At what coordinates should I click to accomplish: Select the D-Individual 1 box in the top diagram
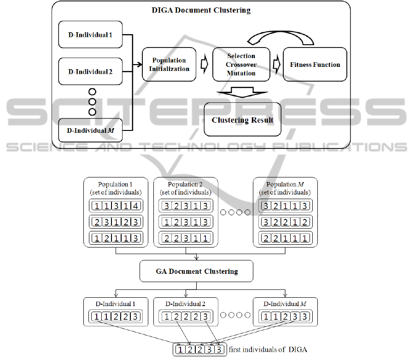pyautogui.click(x=90, y=34)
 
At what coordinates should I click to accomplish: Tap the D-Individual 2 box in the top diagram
pyautogui.click(x=90, y=72)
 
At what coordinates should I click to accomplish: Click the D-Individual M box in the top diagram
pyautogui.click(x=90, y=130)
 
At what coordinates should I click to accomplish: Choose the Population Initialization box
pyautogui.click(x=169, y=65)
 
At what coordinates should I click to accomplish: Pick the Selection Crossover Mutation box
pyautogui.click(x=241, y=65)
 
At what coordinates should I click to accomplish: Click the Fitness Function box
pyautogui.click(x=315, y=65)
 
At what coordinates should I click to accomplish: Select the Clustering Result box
pyautogui.click(x=242, y=120)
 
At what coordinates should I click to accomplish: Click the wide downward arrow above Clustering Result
pyautogui.click(x=242, y=92)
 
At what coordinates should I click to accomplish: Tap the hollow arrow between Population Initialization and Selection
pyautogui.click(x=205, y=65)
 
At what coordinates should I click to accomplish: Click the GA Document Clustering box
pyautogui.click(x=197, y=271)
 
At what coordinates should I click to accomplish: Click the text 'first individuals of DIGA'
pyautogui.click(x=268, y=350)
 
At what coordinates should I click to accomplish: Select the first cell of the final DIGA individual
pyautogui.click(x=181, y=350)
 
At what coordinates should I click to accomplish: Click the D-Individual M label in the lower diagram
pyautogui.click(x=285, y=304)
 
